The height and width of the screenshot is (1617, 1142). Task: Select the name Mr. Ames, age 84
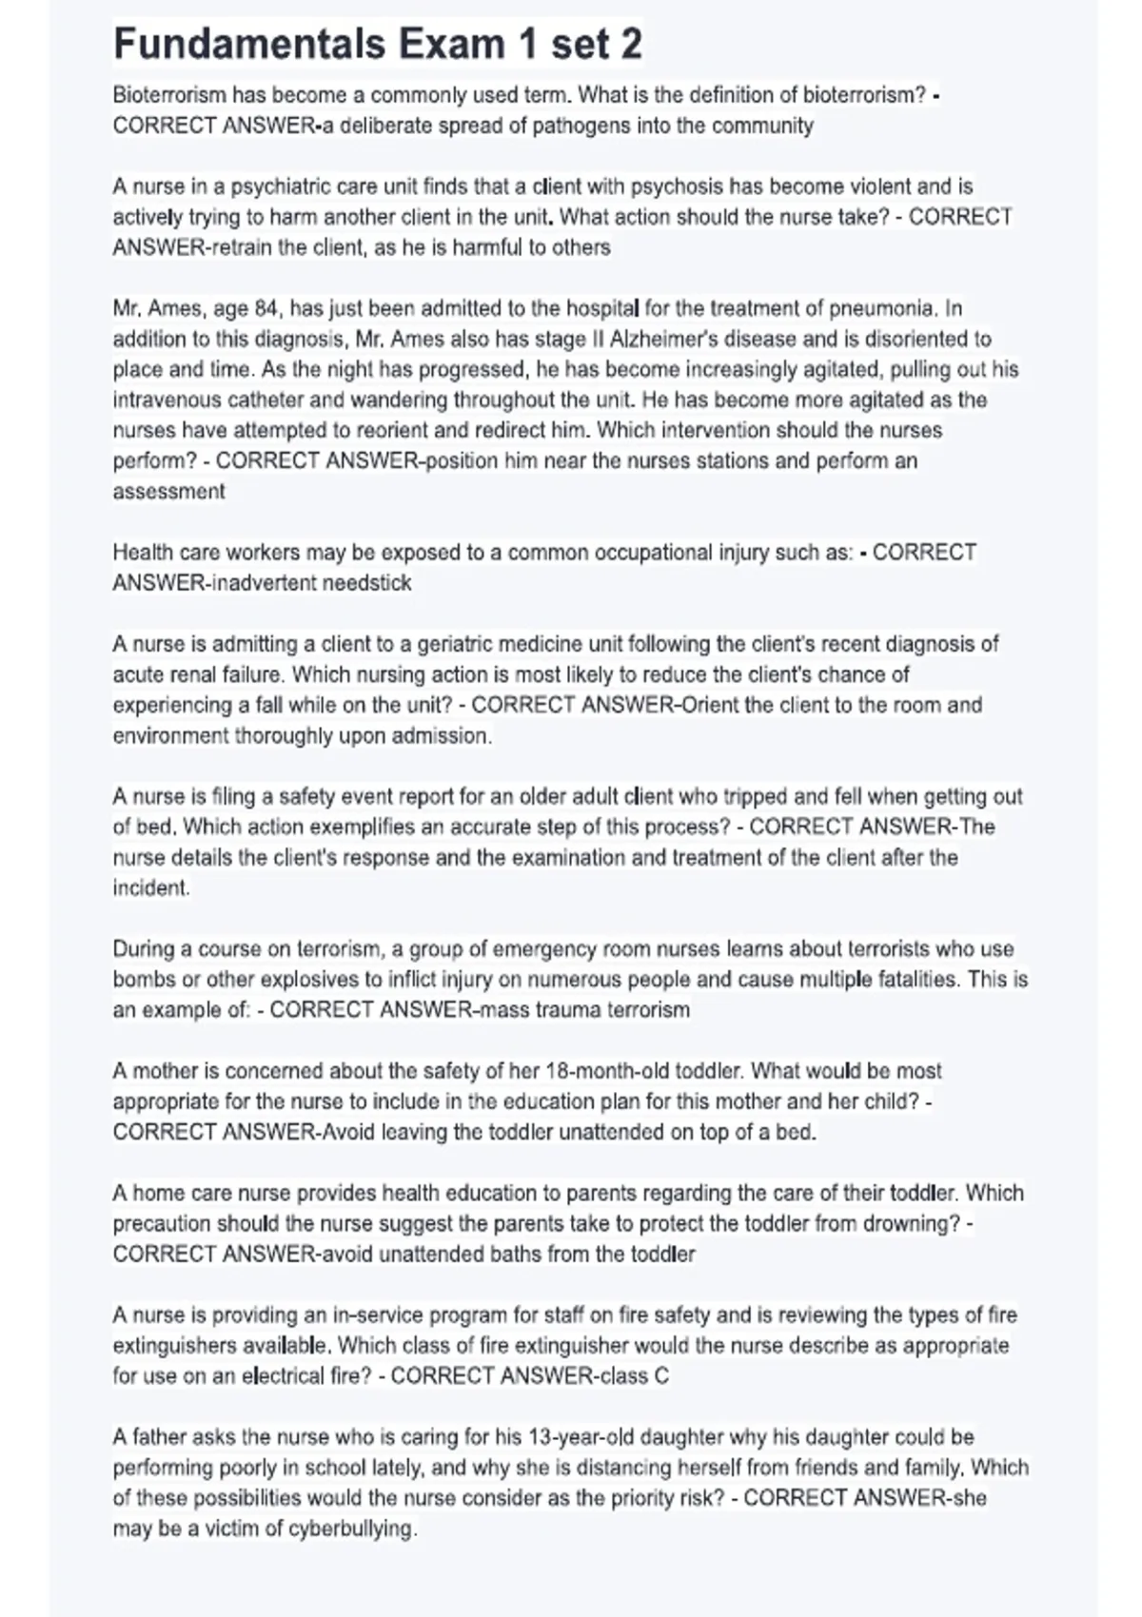195,308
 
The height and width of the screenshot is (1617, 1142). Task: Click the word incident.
150,887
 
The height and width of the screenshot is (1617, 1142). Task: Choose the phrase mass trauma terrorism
583,1009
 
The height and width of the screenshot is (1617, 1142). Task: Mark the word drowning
915,1223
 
